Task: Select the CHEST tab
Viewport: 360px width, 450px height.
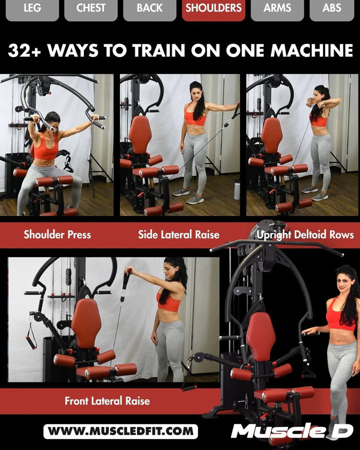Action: [x=91, y=9]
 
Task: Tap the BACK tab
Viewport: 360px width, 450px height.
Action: [x=150, y=9]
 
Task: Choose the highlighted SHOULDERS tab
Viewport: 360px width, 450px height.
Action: [x=213, y=9]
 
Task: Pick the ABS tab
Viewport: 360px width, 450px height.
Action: [x=332, y=9]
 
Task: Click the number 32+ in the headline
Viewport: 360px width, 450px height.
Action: [x=27, y=50]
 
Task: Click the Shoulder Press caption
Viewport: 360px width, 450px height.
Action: [x=57, y=235]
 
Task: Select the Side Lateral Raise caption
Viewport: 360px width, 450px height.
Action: [x=178, y=235]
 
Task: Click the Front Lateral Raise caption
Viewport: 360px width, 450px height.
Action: [x=107, y=401]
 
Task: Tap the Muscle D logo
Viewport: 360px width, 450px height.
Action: [x=292, y=431]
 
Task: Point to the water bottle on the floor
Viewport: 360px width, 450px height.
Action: [x=237, y=190]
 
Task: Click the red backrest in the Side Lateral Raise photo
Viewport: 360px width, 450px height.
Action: [x=140, y=134]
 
